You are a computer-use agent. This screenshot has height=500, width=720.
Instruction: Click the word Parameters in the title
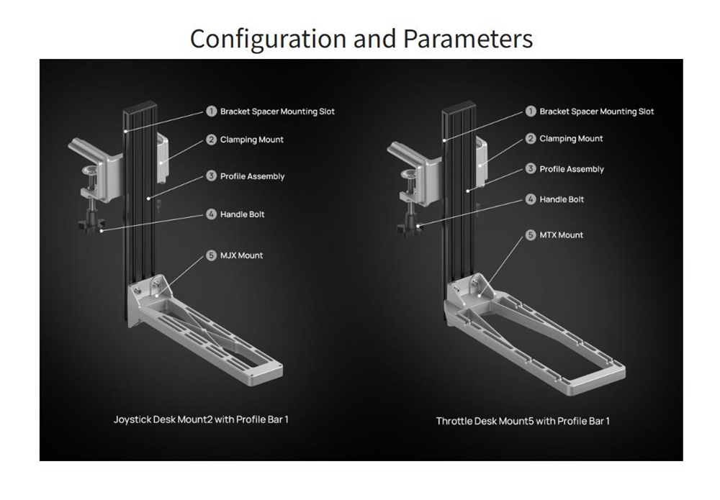coord(468,39)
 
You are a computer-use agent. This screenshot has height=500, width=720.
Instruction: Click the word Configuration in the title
coord(268,40)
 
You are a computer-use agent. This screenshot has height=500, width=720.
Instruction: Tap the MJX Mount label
coord(241,255)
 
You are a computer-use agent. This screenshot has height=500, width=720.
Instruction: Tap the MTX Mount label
coord(561,235)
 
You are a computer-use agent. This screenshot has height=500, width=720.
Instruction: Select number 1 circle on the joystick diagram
coord(211,111)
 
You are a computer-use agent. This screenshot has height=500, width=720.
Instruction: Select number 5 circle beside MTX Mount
coord(531,235)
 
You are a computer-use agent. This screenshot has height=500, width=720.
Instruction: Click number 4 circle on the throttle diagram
coord(531,199)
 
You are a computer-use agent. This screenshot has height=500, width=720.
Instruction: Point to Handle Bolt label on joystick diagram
coord(242,214)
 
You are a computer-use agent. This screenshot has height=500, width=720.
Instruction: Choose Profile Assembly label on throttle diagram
coord(572,169)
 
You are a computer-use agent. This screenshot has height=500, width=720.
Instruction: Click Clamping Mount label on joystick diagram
coord(251,140)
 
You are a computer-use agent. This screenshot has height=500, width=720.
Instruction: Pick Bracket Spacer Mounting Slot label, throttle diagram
coord(596,112)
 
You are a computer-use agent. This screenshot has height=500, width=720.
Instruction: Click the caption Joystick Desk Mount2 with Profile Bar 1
coord(201,419)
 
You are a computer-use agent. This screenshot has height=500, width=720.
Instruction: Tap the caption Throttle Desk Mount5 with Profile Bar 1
coord(523,421)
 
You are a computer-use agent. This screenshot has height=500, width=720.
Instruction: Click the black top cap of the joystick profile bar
coord(140,108)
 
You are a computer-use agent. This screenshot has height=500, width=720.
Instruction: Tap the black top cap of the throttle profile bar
coord(459,108)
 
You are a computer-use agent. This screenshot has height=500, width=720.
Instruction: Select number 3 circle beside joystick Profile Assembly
coord(211,176)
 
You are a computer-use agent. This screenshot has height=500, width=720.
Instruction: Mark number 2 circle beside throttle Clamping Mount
coord(531,139)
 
